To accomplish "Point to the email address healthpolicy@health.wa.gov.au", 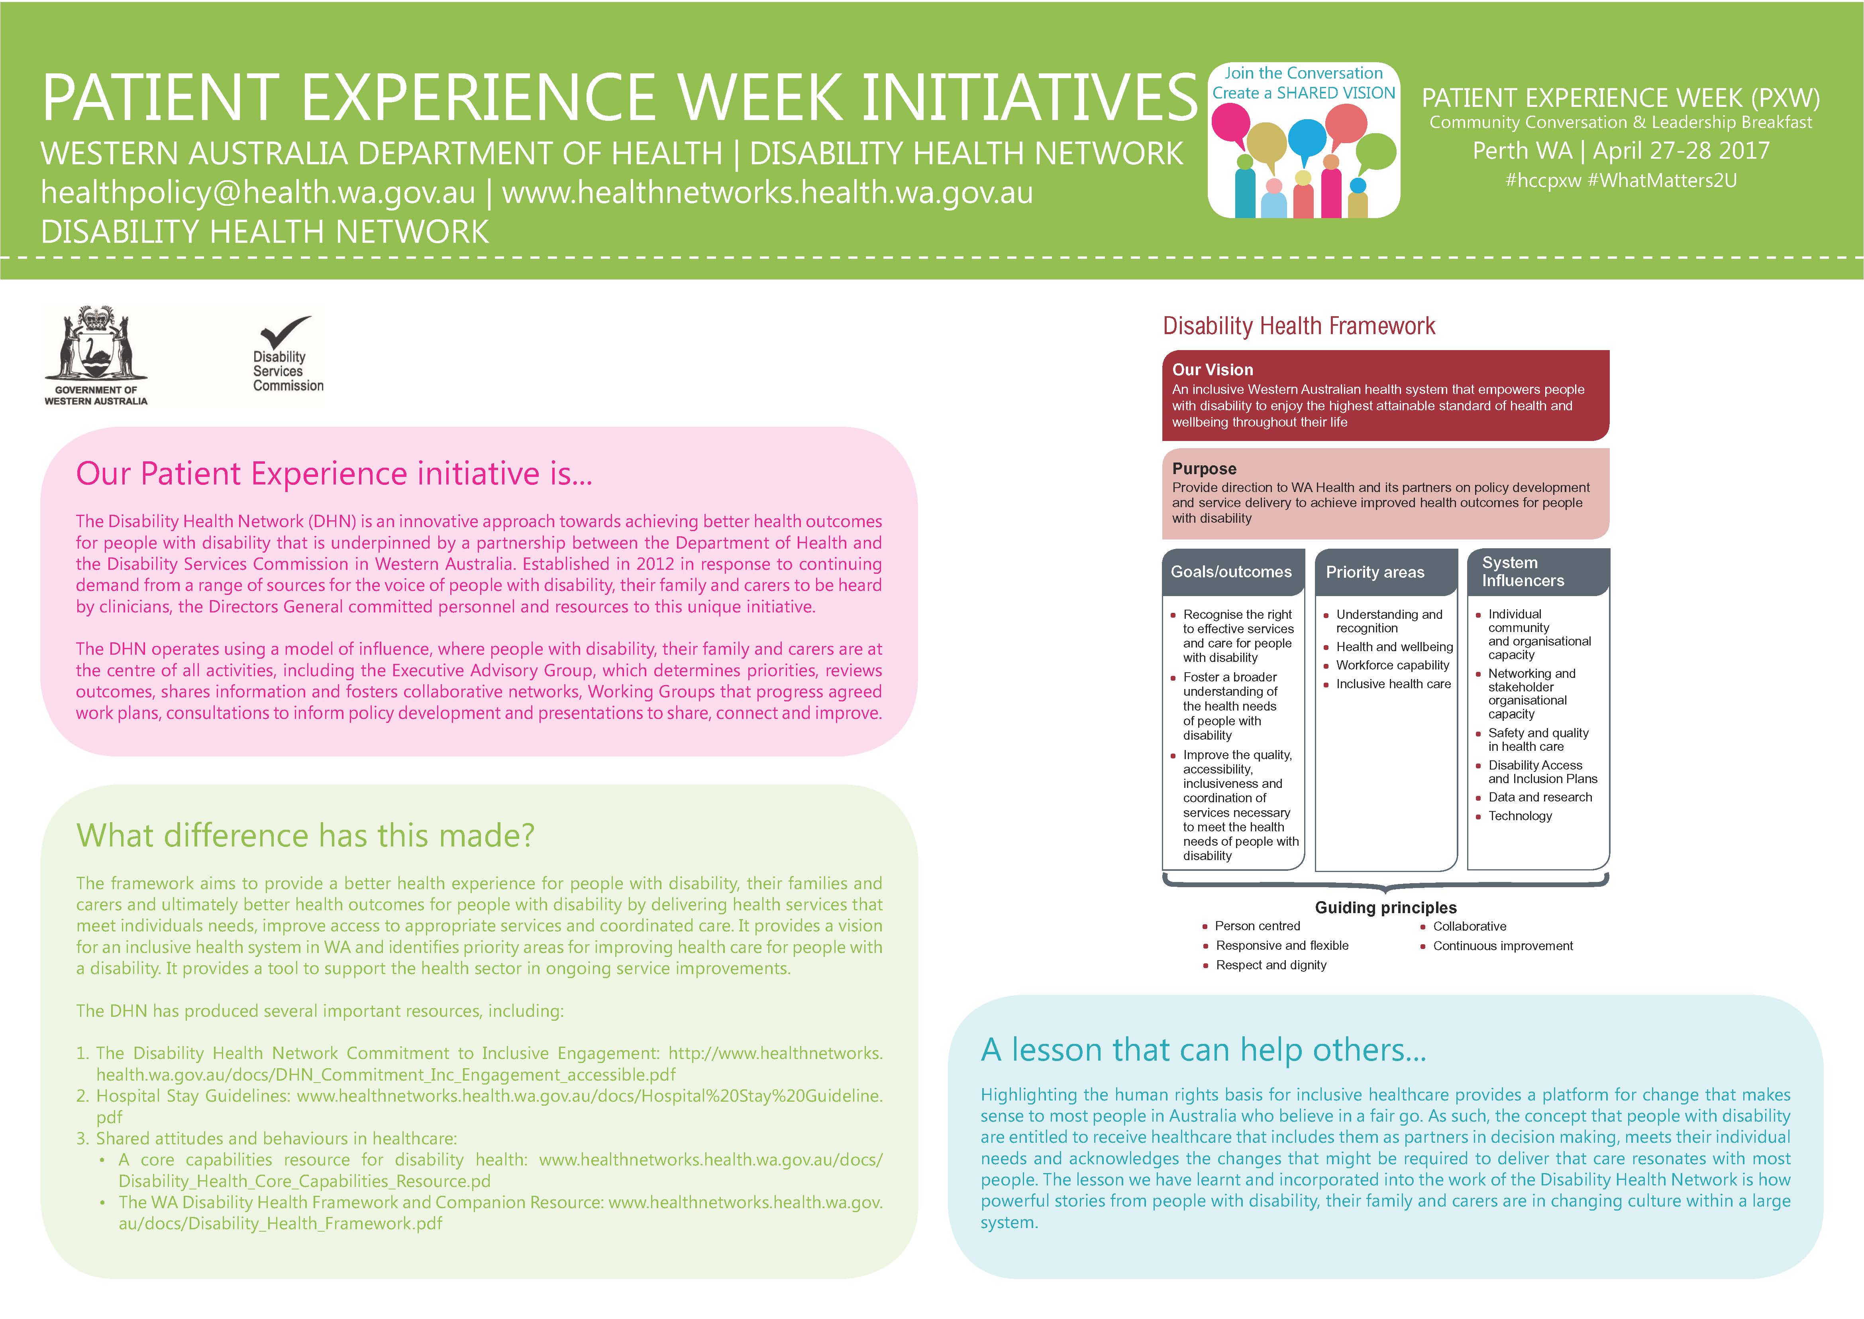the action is (258, 193).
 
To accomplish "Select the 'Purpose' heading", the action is (1204, 469).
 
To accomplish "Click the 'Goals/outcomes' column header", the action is (1231, 572).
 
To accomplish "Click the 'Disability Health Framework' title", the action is (1299, 326).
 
